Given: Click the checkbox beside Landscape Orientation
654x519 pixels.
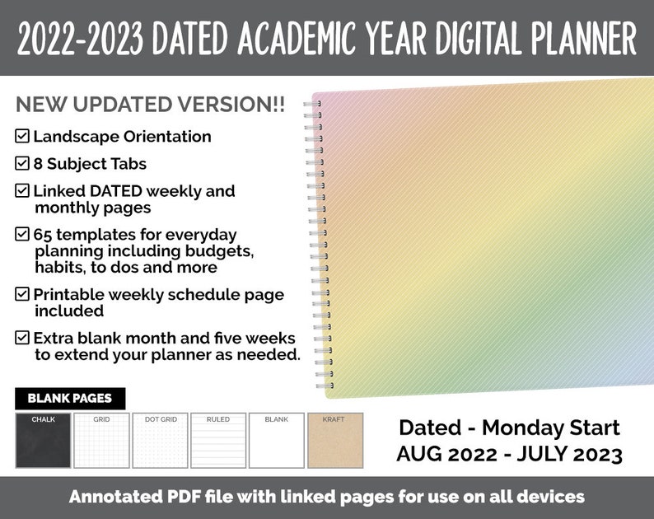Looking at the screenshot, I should coord(22,136).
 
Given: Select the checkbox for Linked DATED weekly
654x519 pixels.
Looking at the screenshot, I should coord(22,190).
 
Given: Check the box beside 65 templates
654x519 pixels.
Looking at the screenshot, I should coord(22,234).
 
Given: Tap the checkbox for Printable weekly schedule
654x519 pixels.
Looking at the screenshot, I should coord(22,294).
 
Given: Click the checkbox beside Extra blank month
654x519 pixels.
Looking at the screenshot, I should coord(22,338).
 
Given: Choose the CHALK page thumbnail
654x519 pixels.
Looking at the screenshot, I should coord(43,440).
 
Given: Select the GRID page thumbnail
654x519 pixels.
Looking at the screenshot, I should coord(101,440).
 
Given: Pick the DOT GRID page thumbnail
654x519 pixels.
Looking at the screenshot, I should coord(160,440).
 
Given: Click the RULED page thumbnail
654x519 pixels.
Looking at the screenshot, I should coord(218,440).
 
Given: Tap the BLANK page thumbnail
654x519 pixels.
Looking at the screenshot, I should coord(277,440).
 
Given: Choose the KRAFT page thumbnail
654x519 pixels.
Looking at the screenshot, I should coord(334,440).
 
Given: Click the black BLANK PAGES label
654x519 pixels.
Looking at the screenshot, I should coord(70,399).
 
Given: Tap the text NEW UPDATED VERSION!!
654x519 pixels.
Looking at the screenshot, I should coord(150,105).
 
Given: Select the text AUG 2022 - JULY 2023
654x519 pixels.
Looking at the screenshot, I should coord(508,453).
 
